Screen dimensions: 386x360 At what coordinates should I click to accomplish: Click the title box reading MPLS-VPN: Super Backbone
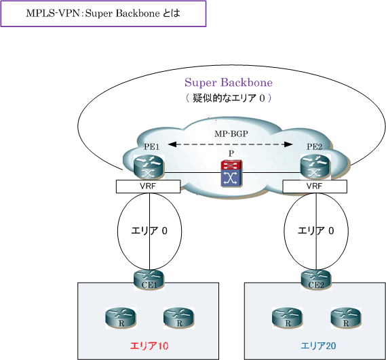(103, 14)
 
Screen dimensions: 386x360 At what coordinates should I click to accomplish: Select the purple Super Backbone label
(229, 83)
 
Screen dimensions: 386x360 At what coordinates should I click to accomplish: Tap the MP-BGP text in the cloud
(231, 134)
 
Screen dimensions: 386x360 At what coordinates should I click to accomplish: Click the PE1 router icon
(149, 167)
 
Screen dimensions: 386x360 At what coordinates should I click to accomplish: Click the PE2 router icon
(315, 167)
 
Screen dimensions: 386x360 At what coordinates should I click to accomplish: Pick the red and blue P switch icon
(231, 173)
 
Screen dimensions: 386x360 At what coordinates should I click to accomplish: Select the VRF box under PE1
(148, 186)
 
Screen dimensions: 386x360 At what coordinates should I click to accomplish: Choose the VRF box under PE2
(315, 186)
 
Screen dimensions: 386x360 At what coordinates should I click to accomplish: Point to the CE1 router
(149, 280)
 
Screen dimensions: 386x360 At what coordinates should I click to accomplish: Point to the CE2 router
(316, 280)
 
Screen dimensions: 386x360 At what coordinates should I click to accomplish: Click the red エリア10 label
(149, 346)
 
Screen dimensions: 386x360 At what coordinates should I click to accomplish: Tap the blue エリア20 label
(318, 346)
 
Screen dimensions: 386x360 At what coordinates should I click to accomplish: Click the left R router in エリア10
(121, 318)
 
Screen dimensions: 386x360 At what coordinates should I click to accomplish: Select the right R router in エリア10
(179, 318)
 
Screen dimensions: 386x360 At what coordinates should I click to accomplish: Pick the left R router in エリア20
(287, 318)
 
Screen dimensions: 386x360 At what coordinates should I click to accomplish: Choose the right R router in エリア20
(346, 318)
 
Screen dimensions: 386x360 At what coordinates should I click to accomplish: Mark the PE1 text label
(152, 147)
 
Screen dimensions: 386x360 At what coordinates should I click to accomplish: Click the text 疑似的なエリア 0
(229, 98)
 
